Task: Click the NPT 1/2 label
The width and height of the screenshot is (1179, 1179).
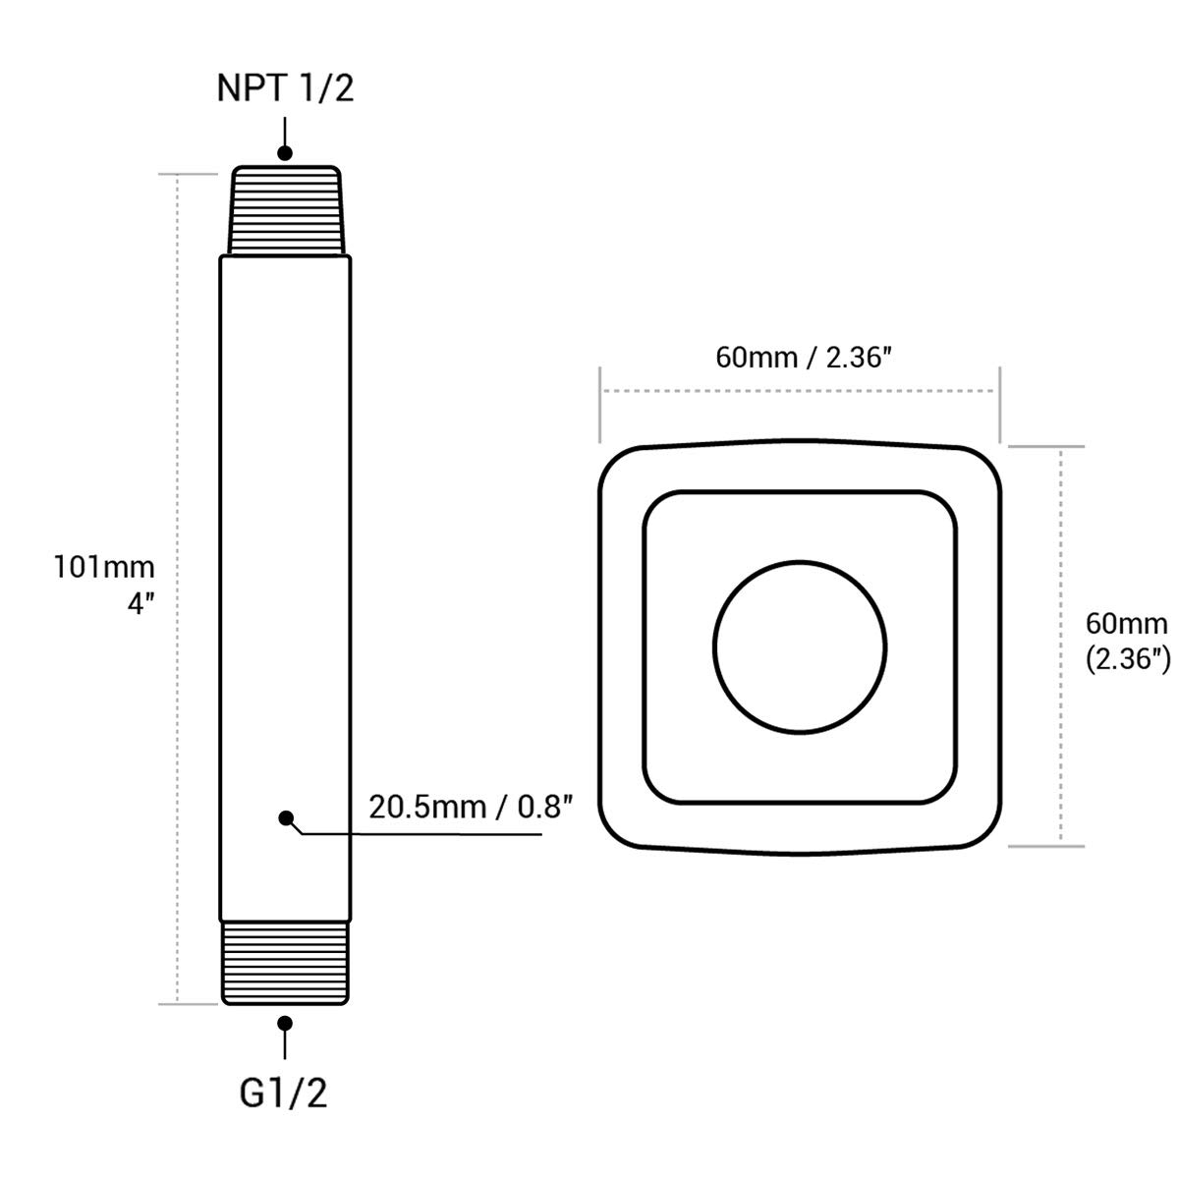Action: tap(285, 88)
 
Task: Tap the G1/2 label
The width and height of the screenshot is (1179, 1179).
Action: tap(283, 1094)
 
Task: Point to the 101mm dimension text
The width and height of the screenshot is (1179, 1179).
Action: tap(104, 567)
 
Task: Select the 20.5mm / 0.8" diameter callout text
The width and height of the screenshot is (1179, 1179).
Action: tap(472, 807)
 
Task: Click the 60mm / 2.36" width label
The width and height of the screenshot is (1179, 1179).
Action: tap(804, 358)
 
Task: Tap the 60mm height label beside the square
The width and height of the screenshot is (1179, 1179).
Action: tap(1126, 624)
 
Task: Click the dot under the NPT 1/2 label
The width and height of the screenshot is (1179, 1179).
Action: tap(285, 153)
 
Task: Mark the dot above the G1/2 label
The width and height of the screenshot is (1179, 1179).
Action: tap(285, 1023)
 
